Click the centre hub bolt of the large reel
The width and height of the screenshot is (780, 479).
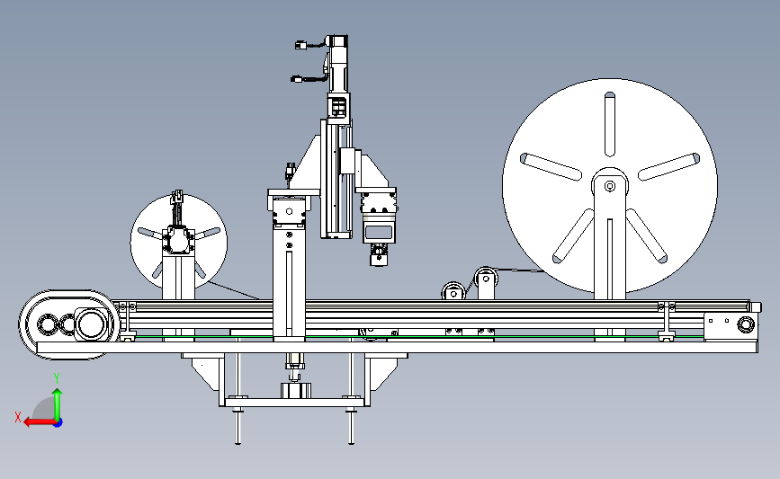tap(610, 186)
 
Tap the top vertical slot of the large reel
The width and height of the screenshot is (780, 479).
tap(610, 124)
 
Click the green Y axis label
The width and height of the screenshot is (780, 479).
tap(57, 378)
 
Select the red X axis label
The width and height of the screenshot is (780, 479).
tap(18, 417)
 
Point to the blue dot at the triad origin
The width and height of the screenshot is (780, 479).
tap(58, 422)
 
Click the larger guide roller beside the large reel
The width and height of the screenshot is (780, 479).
tap(486, 278)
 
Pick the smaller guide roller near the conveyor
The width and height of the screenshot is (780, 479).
tap(453, 293)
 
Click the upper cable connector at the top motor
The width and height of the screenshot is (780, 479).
tap(300, 45)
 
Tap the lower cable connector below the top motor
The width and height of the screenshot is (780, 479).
tap(297, 79)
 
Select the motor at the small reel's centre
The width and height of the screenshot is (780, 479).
tap(176, 241)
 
